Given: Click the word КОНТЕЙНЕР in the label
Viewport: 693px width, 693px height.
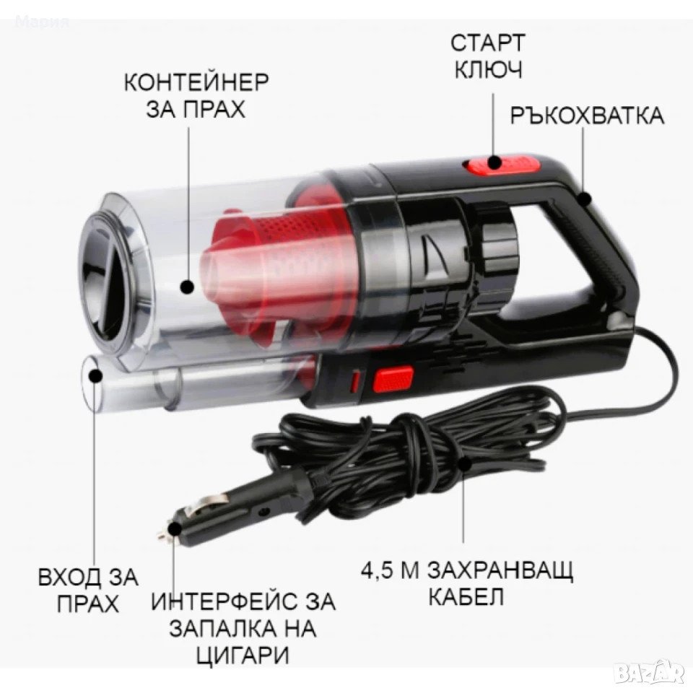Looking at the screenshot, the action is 196,82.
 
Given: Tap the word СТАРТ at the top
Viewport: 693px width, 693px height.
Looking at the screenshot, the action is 487,43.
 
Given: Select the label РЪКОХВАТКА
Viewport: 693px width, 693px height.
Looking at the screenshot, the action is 587,115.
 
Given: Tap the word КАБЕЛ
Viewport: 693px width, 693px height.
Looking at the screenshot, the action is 466,597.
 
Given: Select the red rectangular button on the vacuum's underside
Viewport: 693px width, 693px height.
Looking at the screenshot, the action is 393,380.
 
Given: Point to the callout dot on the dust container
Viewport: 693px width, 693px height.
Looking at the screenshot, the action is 188,287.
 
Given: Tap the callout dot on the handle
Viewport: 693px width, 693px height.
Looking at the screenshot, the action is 584,199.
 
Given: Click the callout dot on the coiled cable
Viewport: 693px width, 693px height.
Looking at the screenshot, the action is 463,464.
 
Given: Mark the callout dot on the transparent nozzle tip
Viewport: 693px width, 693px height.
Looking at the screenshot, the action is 96,376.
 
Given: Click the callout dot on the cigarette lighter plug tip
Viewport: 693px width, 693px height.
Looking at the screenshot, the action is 175,529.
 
